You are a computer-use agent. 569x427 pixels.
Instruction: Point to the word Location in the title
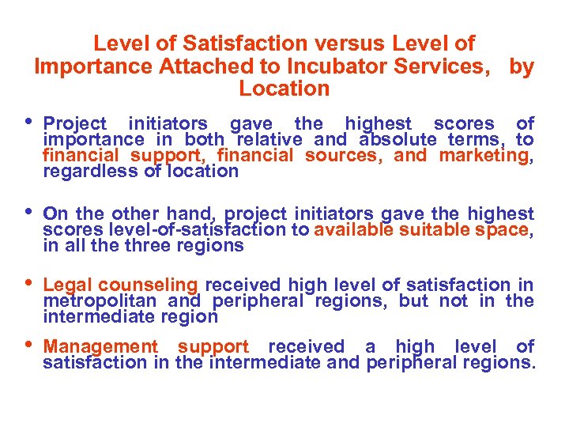284,89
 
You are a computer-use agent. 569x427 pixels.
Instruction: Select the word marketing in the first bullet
485,155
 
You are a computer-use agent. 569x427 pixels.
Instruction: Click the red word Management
100,346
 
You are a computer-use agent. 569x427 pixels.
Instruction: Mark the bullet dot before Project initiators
29,121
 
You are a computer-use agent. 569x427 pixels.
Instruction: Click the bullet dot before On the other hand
29,211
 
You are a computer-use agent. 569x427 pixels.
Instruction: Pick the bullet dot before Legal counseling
29,282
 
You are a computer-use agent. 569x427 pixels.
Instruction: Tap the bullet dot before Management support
29,344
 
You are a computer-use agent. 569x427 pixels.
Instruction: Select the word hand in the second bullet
187,213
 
